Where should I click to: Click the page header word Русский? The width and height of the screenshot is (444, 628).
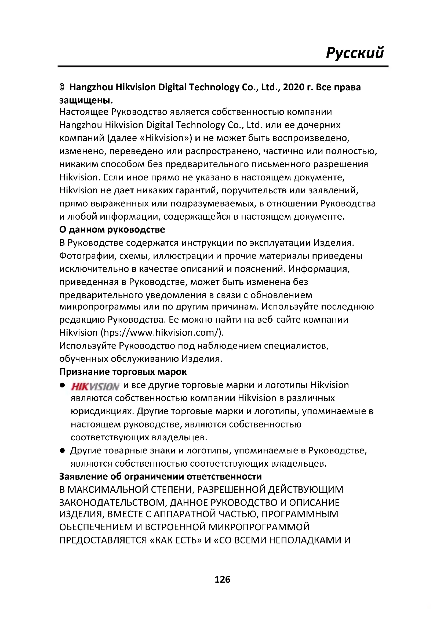point(355,53)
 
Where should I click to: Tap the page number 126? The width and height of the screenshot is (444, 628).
point(222,579)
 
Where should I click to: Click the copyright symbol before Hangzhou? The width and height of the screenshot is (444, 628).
point(62,87)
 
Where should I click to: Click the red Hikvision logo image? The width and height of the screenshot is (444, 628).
point(95,386)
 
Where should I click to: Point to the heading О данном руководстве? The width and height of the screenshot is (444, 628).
point(112,230)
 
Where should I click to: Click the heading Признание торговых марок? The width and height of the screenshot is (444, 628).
point(123,372)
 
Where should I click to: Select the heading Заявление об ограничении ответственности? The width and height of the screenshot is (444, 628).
point(161,477)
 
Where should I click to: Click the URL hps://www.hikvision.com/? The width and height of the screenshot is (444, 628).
point(162,333)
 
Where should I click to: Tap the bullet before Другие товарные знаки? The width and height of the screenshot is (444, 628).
point(62,451)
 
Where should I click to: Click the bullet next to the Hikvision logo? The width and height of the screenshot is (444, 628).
point(62,385)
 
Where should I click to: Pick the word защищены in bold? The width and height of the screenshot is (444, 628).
point(85,101)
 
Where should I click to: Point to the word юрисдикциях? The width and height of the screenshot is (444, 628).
point(102,411)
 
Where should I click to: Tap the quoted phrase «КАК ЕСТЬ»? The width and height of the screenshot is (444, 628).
point(176,540)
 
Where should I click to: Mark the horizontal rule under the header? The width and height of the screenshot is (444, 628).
point(223,67)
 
